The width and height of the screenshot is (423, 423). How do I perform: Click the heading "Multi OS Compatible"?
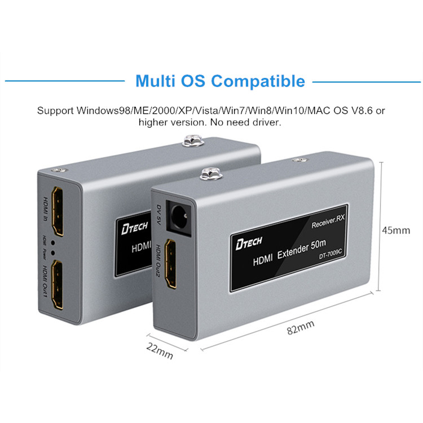pyautogui.click(x=221, y=81)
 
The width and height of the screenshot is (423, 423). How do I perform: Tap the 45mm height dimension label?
pyautogui.click(x=396, y=230)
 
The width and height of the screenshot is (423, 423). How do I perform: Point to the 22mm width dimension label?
pyautogui.click(x=160, y=351)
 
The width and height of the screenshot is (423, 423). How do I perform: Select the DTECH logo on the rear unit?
pyautogui.click(x=131, y=227)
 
